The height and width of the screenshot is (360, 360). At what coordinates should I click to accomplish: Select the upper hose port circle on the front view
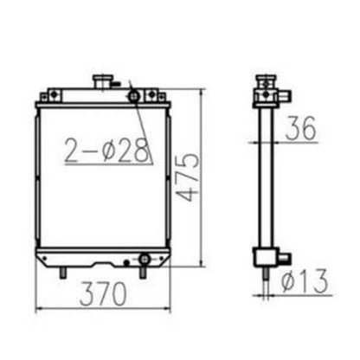134,95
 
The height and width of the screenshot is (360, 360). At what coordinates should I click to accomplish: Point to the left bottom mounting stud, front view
65,273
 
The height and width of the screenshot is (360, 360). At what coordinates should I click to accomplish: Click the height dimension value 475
188,177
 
